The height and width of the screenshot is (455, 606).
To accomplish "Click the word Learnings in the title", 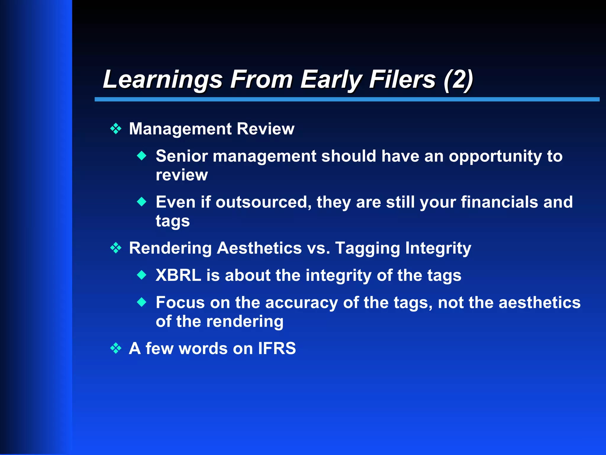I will pos(162,79).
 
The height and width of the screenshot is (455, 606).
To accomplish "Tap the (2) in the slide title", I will pos(458,79).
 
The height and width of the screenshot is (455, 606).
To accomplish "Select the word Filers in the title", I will pos(402,79).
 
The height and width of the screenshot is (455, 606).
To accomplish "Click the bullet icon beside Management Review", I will pos(116,129).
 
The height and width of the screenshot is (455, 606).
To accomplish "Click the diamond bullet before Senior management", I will pos(142,156).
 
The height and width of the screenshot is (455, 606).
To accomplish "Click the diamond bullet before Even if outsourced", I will pos(142,202).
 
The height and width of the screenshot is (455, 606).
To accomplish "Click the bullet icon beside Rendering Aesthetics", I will pos(116,248).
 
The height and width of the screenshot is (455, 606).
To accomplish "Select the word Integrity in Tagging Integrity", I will pos(438,248).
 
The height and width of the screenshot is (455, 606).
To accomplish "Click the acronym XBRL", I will pos(178,275).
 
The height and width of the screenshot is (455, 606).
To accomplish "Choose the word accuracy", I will pos(301,303).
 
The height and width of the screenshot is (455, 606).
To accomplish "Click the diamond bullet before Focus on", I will pos(142,302).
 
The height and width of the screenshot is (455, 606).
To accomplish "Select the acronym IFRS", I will pos(277,348).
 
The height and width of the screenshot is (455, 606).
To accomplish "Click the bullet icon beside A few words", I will pos(116,348).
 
